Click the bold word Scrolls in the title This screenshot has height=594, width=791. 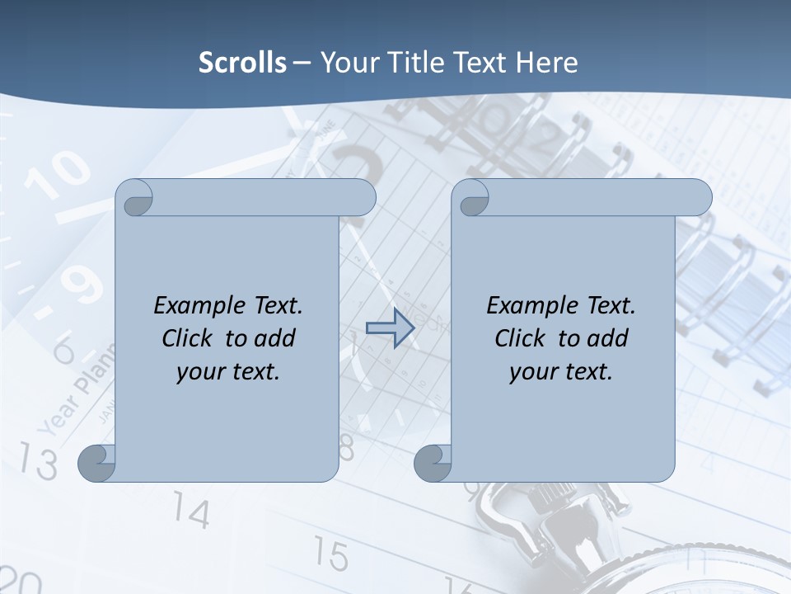(242, 63)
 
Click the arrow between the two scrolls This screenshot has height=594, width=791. (390, 328)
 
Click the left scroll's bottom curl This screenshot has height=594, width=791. (97, 463)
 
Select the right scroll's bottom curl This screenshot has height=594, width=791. (433, 463)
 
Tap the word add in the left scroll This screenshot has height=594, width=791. (275, 339)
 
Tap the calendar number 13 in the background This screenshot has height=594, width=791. (39, 461)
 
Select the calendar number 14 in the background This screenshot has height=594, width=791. (191, 512)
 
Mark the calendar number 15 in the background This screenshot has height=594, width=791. (330, 554)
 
